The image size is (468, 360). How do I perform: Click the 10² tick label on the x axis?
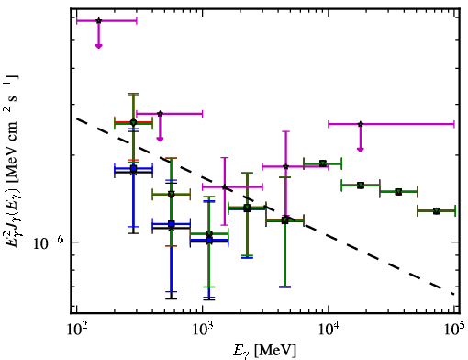76,330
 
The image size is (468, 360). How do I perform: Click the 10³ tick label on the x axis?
202,330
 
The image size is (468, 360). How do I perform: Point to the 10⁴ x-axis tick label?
329,330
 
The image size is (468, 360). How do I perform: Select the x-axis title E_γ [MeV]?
264,351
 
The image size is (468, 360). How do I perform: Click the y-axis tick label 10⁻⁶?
49,242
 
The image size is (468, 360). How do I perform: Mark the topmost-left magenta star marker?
98,21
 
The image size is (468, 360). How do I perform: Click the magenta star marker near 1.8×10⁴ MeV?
361,124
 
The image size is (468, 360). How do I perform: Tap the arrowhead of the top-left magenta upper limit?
98,46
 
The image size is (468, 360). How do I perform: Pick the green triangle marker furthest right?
437,211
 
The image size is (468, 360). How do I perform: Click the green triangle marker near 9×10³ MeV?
322,163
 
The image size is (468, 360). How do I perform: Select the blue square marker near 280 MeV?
133,168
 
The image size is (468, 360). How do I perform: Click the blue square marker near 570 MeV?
172,224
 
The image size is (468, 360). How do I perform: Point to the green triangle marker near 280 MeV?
133,123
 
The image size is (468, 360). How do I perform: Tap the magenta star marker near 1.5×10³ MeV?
225,186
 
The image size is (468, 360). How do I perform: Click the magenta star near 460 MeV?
160,114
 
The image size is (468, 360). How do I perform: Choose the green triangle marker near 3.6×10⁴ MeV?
398,192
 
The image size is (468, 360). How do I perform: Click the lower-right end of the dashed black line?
454,295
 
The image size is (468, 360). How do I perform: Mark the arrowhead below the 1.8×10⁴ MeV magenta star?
361,150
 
